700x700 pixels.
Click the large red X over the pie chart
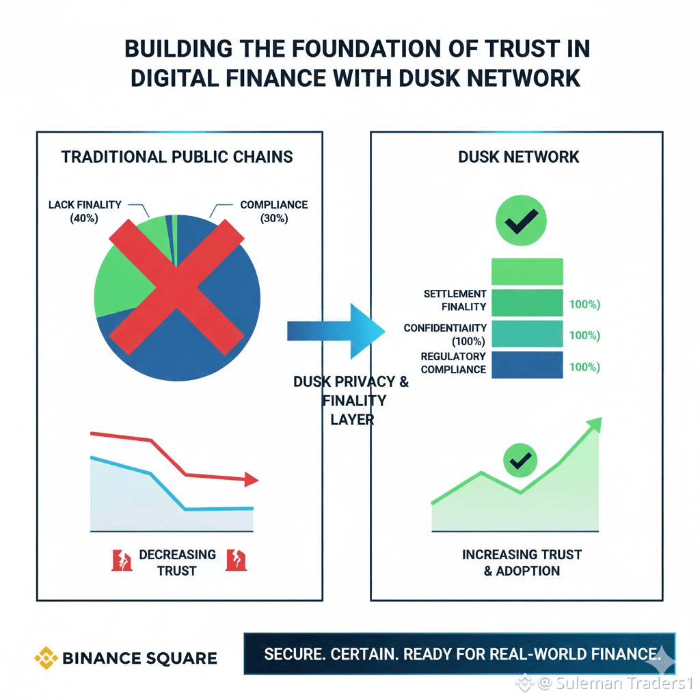(x=176, y=281)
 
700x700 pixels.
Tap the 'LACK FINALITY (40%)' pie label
(x=85, y=211)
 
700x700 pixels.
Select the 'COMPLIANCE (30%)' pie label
(x=273, y=211)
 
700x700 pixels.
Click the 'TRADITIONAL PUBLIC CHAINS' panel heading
(x=177, y=157)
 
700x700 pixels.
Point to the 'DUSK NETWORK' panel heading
(x=518, y=157)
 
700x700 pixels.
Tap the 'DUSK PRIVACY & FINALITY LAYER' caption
(x=350, y=400)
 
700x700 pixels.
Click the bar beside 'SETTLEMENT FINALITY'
(x=526, y=301)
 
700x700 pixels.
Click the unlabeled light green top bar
(x=526, y=271)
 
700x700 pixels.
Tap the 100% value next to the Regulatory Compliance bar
(x=584, y=366)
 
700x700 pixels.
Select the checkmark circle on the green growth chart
(x=520, y=459)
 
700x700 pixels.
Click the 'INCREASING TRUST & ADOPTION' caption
(x=522, y=562)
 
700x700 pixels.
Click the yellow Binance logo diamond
(x=46, y=658)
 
